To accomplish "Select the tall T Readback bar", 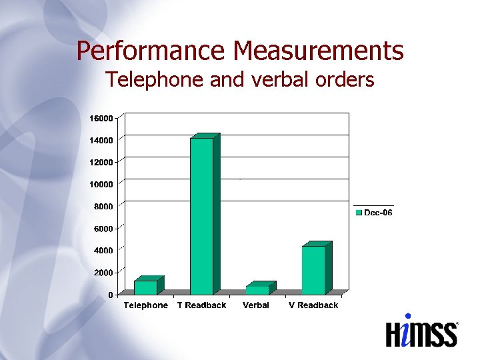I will pos(201,216).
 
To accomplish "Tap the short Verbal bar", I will pos(257,289).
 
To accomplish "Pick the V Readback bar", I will pos(313,270).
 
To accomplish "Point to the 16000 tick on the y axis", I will pos(101,118).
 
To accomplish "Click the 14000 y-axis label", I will pos(101,140).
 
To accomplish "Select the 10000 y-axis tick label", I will pos(101,184).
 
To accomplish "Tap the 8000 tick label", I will pos(103,207).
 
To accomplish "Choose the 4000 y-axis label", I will pos(103,250).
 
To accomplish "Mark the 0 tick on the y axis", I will pos(111,295).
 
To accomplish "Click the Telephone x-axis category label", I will pos(146,305).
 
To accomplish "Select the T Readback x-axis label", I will pos(201,305).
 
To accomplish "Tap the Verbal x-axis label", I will pos(256,305).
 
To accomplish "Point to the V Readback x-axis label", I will pos(313,305).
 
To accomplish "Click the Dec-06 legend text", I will pos(378,213).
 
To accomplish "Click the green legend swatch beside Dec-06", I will pos(359,213).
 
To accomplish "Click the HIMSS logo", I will pos(421,331).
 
